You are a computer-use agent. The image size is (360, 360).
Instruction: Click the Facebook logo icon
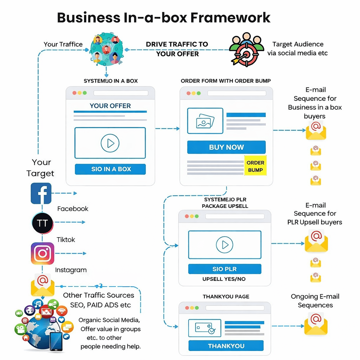click(41, 193)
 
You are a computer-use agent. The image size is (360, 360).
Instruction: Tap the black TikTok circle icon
click(43, 223)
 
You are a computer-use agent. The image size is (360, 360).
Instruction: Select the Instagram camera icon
click(43, 253)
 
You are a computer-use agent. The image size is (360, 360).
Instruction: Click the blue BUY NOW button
click(226, 147)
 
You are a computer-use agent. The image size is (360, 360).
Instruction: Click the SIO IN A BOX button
click(110, 169)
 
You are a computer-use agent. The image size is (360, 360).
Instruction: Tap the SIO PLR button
click(225, 269)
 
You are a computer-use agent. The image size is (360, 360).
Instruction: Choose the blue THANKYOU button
click(226, 346)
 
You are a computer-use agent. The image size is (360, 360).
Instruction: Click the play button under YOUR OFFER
click(110, 143)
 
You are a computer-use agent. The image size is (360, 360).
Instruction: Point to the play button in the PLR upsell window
click(225, 245)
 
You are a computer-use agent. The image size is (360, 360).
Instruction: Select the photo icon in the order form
click(205, 121)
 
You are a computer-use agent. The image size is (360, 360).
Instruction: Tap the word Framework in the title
click(230, 18)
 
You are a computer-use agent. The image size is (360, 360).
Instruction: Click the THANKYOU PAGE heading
click(226, 297)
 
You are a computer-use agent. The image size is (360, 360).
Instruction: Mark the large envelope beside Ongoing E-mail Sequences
click(316, 323)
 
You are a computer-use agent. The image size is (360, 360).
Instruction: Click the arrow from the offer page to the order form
click(167, 129)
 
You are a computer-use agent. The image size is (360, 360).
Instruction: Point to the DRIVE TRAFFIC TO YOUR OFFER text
click(177, 49)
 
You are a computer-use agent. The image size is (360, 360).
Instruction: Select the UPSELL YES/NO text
click(224, 279)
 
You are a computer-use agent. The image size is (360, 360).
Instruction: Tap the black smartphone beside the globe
click(56, 341)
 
